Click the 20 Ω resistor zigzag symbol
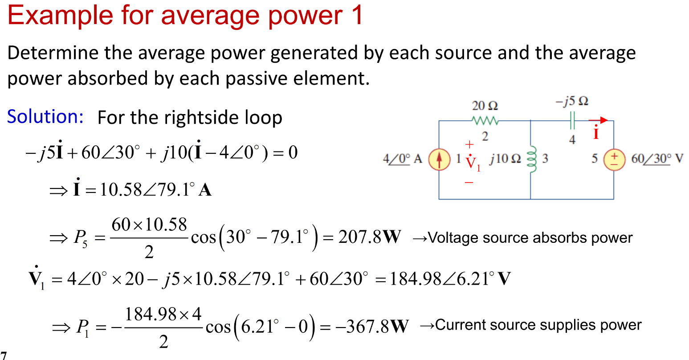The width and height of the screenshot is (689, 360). click(x=485, y=120)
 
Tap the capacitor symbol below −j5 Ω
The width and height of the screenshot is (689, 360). click(x=572, y=120)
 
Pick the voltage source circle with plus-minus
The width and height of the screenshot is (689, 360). click(x=614, y=160)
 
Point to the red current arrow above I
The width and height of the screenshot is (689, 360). click(x=598, y=120)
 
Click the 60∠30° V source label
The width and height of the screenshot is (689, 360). click(x=657, y=159)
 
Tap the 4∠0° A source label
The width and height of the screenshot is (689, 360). click(x=403, y=159)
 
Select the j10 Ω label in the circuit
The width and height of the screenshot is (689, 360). click(x=505, y=159)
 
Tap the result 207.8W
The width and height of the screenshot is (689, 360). click(x=369, y=237)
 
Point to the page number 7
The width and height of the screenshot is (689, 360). click(x=4, y=356)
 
